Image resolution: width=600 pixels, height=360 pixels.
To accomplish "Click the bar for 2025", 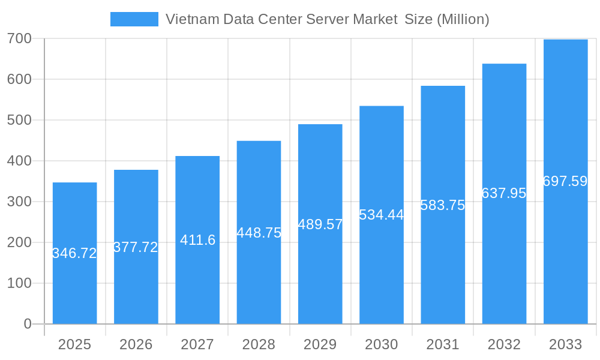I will click(74, 282).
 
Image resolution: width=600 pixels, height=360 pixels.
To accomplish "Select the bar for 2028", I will click(259, 276).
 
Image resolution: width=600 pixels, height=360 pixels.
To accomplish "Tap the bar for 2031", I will click(443, 264).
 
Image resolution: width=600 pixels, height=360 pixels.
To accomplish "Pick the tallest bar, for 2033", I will click(565, 252).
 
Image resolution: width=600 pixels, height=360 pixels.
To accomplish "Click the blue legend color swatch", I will click(134, 19).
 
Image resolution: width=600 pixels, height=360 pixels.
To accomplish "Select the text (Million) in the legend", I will click(463, 19).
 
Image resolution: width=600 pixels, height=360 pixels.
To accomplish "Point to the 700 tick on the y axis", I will click(19, 39).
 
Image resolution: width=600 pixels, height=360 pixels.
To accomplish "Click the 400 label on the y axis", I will click(19, 161).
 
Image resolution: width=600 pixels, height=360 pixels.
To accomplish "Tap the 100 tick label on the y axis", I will click(19, 283).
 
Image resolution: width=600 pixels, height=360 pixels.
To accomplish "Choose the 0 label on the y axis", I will click(27, 324).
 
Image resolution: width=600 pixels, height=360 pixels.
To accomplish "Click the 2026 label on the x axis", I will click(136, 344).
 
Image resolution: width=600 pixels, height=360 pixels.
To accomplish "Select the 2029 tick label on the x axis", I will click(320, 344).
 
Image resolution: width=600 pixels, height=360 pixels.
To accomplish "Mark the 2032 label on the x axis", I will click(504, 344).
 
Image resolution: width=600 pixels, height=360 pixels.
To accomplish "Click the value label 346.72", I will click(74, 253).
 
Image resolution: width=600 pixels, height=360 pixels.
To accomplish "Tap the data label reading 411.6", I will click(197, 240).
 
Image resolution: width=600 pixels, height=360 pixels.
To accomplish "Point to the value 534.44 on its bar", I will click(382, 215).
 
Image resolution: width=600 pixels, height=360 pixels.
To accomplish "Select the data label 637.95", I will click(504, 193).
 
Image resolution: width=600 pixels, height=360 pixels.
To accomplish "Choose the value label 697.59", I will click(565, 181).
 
